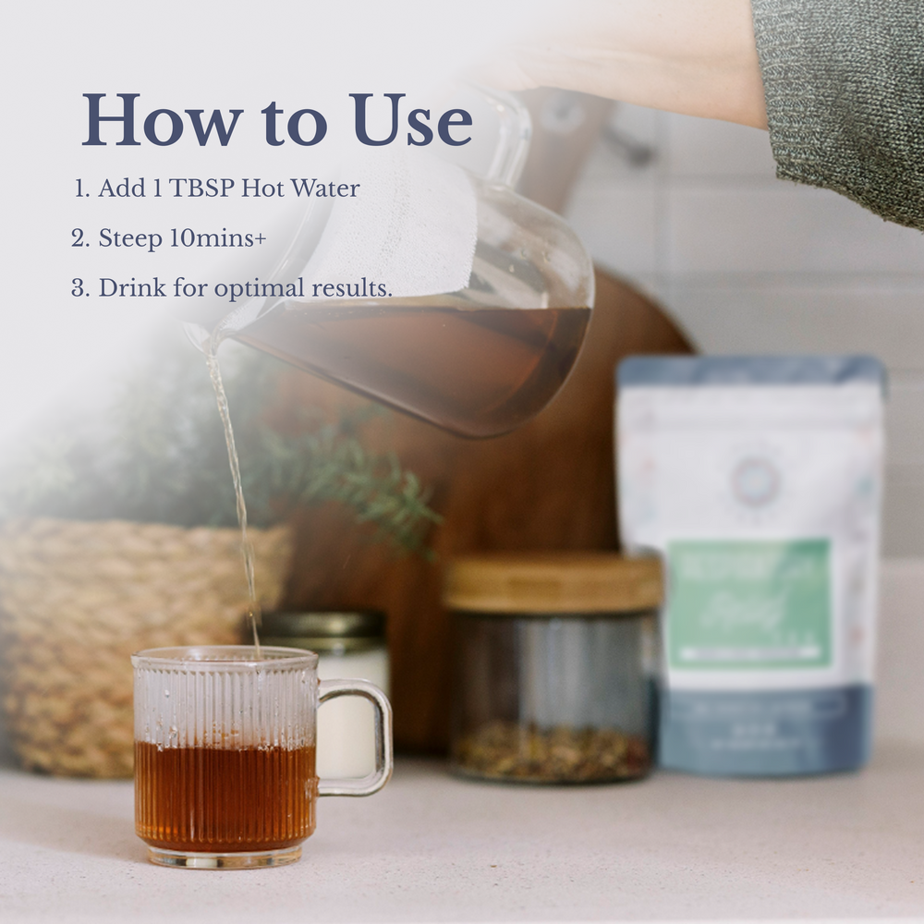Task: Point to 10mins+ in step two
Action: pyautogui.click(x=218, y=238)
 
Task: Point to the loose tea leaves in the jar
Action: pyautogui.click(x=551, y=748)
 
